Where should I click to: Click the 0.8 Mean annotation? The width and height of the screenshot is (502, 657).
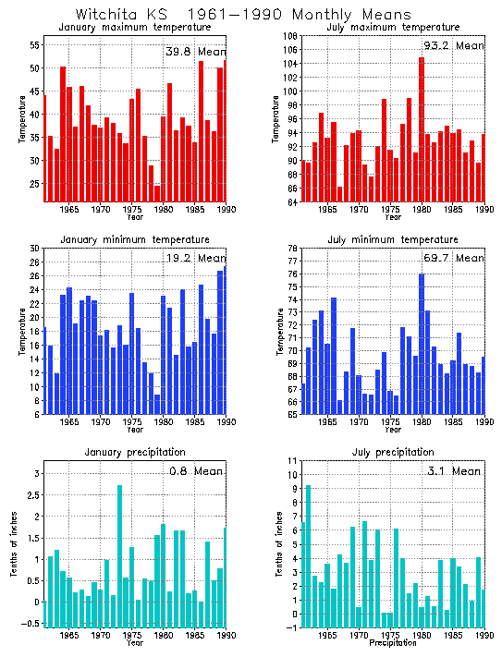(x=194, y=471)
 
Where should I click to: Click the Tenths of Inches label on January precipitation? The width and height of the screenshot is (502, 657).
(x=16, y=545)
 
